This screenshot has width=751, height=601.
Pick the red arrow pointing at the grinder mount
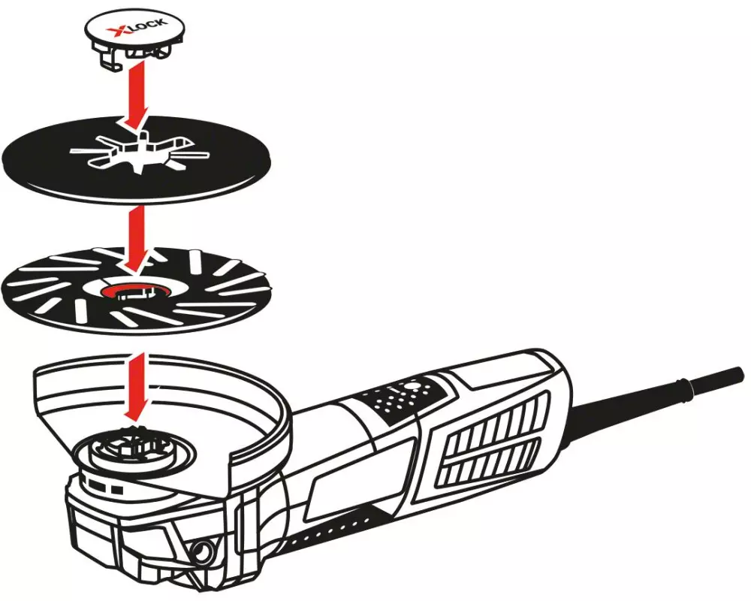(x=136, y=387)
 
